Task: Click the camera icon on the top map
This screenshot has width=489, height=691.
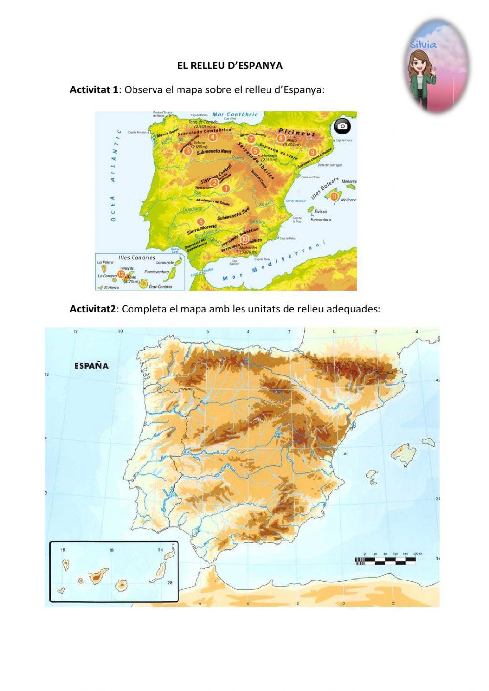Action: (342, 126)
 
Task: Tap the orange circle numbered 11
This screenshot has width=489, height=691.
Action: (334, 196)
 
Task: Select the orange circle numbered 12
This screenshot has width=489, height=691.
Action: (121, 274)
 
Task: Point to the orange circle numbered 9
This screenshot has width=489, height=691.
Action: (312, 152)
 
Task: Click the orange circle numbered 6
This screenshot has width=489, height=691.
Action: (201, 222)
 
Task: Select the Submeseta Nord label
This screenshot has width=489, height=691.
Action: (214, 152)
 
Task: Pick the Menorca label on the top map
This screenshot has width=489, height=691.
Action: (349, 182)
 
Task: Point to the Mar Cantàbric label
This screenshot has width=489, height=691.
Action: (238, 115)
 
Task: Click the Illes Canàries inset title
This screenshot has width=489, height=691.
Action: (137, 257)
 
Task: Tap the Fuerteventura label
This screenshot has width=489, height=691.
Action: (156, 272)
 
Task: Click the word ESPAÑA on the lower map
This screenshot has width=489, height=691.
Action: (91, 365)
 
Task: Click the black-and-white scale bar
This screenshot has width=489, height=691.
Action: (385, 561)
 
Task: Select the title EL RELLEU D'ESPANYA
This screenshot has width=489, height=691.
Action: (230, 66)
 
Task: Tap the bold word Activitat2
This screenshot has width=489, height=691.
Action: (93, 309)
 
